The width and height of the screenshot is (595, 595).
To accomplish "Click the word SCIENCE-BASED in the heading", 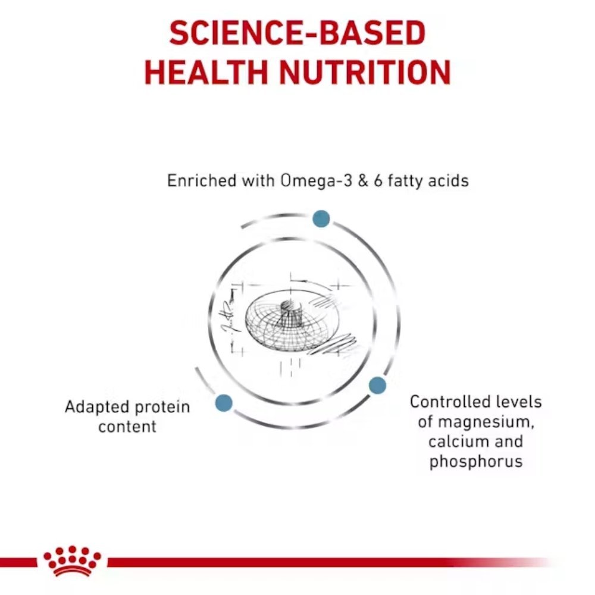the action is (x=297, y=33).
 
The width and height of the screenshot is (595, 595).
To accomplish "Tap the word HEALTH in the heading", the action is (x=206, y=72).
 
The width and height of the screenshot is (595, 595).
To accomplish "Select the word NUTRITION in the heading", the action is (x=365, y=72).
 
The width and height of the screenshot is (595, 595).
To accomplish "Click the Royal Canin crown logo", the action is (x=72, y=561).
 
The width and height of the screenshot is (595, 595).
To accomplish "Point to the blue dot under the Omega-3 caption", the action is (x=321, y=218).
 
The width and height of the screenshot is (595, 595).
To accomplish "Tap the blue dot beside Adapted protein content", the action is (x=224, y=403).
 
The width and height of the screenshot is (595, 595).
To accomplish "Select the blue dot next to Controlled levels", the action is (x=377, y=386).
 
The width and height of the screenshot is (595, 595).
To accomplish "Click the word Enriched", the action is (x=202, y=180).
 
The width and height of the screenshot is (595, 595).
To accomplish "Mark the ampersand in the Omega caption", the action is (x=363, y=181).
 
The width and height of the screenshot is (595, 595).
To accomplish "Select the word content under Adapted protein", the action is (x=127, y=427).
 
